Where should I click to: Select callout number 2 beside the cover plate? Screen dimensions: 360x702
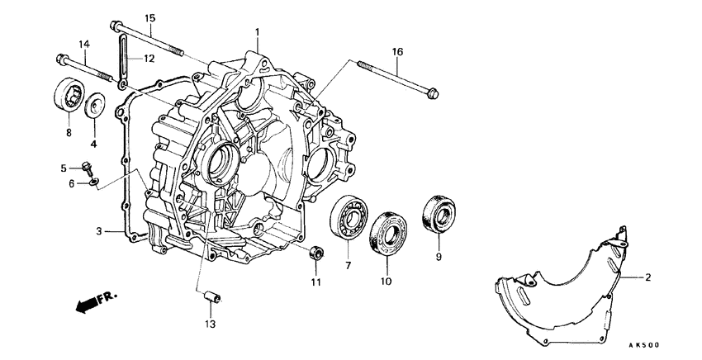point(648,277)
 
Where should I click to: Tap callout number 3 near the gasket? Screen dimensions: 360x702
point(98,232)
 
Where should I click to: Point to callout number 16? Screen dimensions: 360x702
point(397,51)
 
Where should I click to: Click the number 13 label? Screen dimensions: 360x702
point(210,324)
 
